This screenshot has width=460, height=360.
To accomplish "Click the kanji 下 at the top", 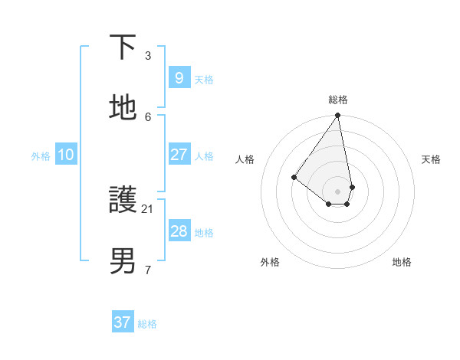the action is tap(123, 47).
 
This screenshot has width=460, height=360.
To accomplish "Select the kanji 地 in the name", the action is tap(123, 108).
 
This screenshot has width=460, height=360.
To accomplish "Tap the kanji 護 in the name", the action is tap(123, 201).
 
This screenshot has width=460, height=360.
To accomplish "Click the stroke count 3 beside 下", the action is tap(148, 55).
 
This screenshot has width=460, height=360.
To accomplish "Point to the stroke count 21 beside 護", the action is tap(148, 208).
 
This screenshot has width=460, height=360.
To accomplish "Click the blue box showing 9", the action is tap(179, 77).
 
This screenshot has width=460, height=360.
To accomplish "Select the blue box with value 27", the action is tap(179, 155).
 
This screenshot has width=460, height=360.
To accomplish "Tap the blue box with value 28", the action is tap(179, 231).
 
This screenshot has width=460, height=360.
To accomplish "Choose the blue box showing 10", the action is tap(65, 155).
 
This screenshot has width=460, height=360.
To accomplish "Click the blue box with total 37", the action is tap(123, 322).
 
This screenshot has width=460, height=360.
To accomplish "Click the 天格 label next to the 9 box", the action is tap(204, 79).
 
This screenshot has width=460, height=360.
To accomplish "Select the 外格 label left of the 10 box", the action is tap(41, 156).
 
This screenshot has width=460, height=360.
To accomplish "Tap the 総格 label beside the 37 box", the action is tap(147, 324).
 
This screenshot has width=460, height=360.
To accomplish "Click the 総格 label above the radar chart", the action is tap(338, 100).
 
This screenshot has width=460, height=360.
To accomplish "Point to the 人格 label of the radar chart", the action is tap(245, 159).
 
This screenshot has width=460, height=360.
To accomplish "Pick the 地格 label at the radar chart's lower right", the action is tap(402, 262).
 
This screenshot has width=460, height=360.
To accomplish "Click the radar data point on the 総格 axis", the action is tap(338, 116).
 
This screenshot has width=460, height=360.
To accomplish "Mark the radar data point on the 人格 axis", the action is tap(294, 177).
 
